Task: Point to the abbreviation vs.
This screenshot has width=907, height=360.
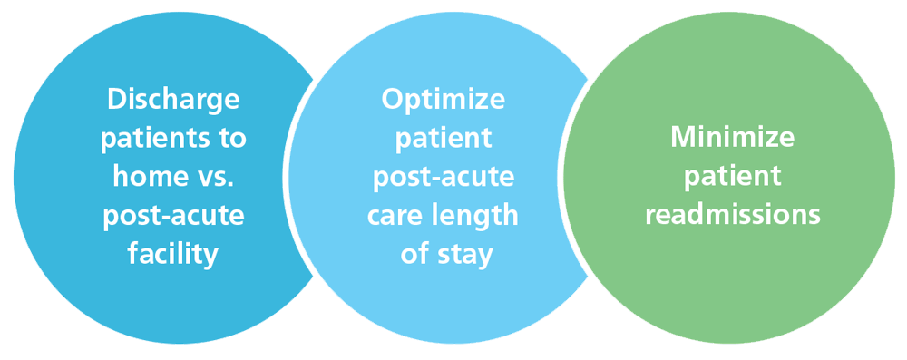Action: [x=211, y=177]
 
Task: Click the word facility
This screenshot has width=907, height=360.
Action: [x=172, y=254]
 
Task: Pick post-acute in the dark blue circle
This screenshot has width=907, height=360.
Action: [x=172, y=216]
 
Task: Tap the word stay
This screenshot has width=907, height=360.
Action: [x=463, y=254]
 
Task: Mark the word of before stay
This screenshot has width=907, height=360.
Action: [x=415, y=254]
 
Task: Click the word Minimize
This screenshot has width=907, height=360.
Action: [x=732, y=138]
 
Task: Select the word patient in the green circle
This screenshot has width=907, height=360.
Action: [x=732, y=177]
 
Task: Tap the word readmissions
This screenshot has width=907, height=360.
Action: [x=732, y=216]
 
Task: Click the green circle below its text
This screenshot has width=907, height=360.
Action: [x=732, y=290]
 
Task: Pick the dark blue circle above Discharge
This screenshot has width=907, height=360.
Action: [x=172, y=50]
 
